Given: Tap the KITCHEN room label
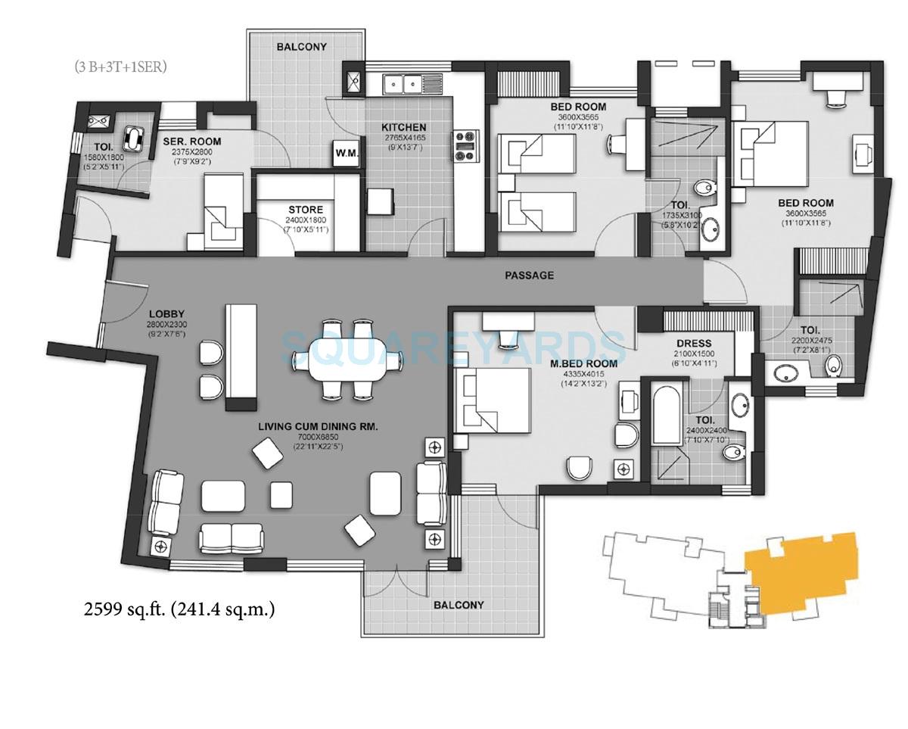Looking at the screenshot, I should [403, 127].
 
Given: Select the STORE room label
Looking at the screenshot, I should [305, 210].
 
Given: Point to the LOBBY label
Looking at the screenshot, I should [166, 313].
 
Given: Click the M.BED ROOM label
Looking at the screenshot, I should [584, 363].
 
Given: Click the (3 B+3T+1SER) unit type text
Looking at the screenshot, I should [120, 67].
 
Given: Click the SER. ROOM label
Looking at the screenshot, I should [192, 142].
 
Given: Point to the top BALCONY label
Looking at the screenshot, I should [301, 47].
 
